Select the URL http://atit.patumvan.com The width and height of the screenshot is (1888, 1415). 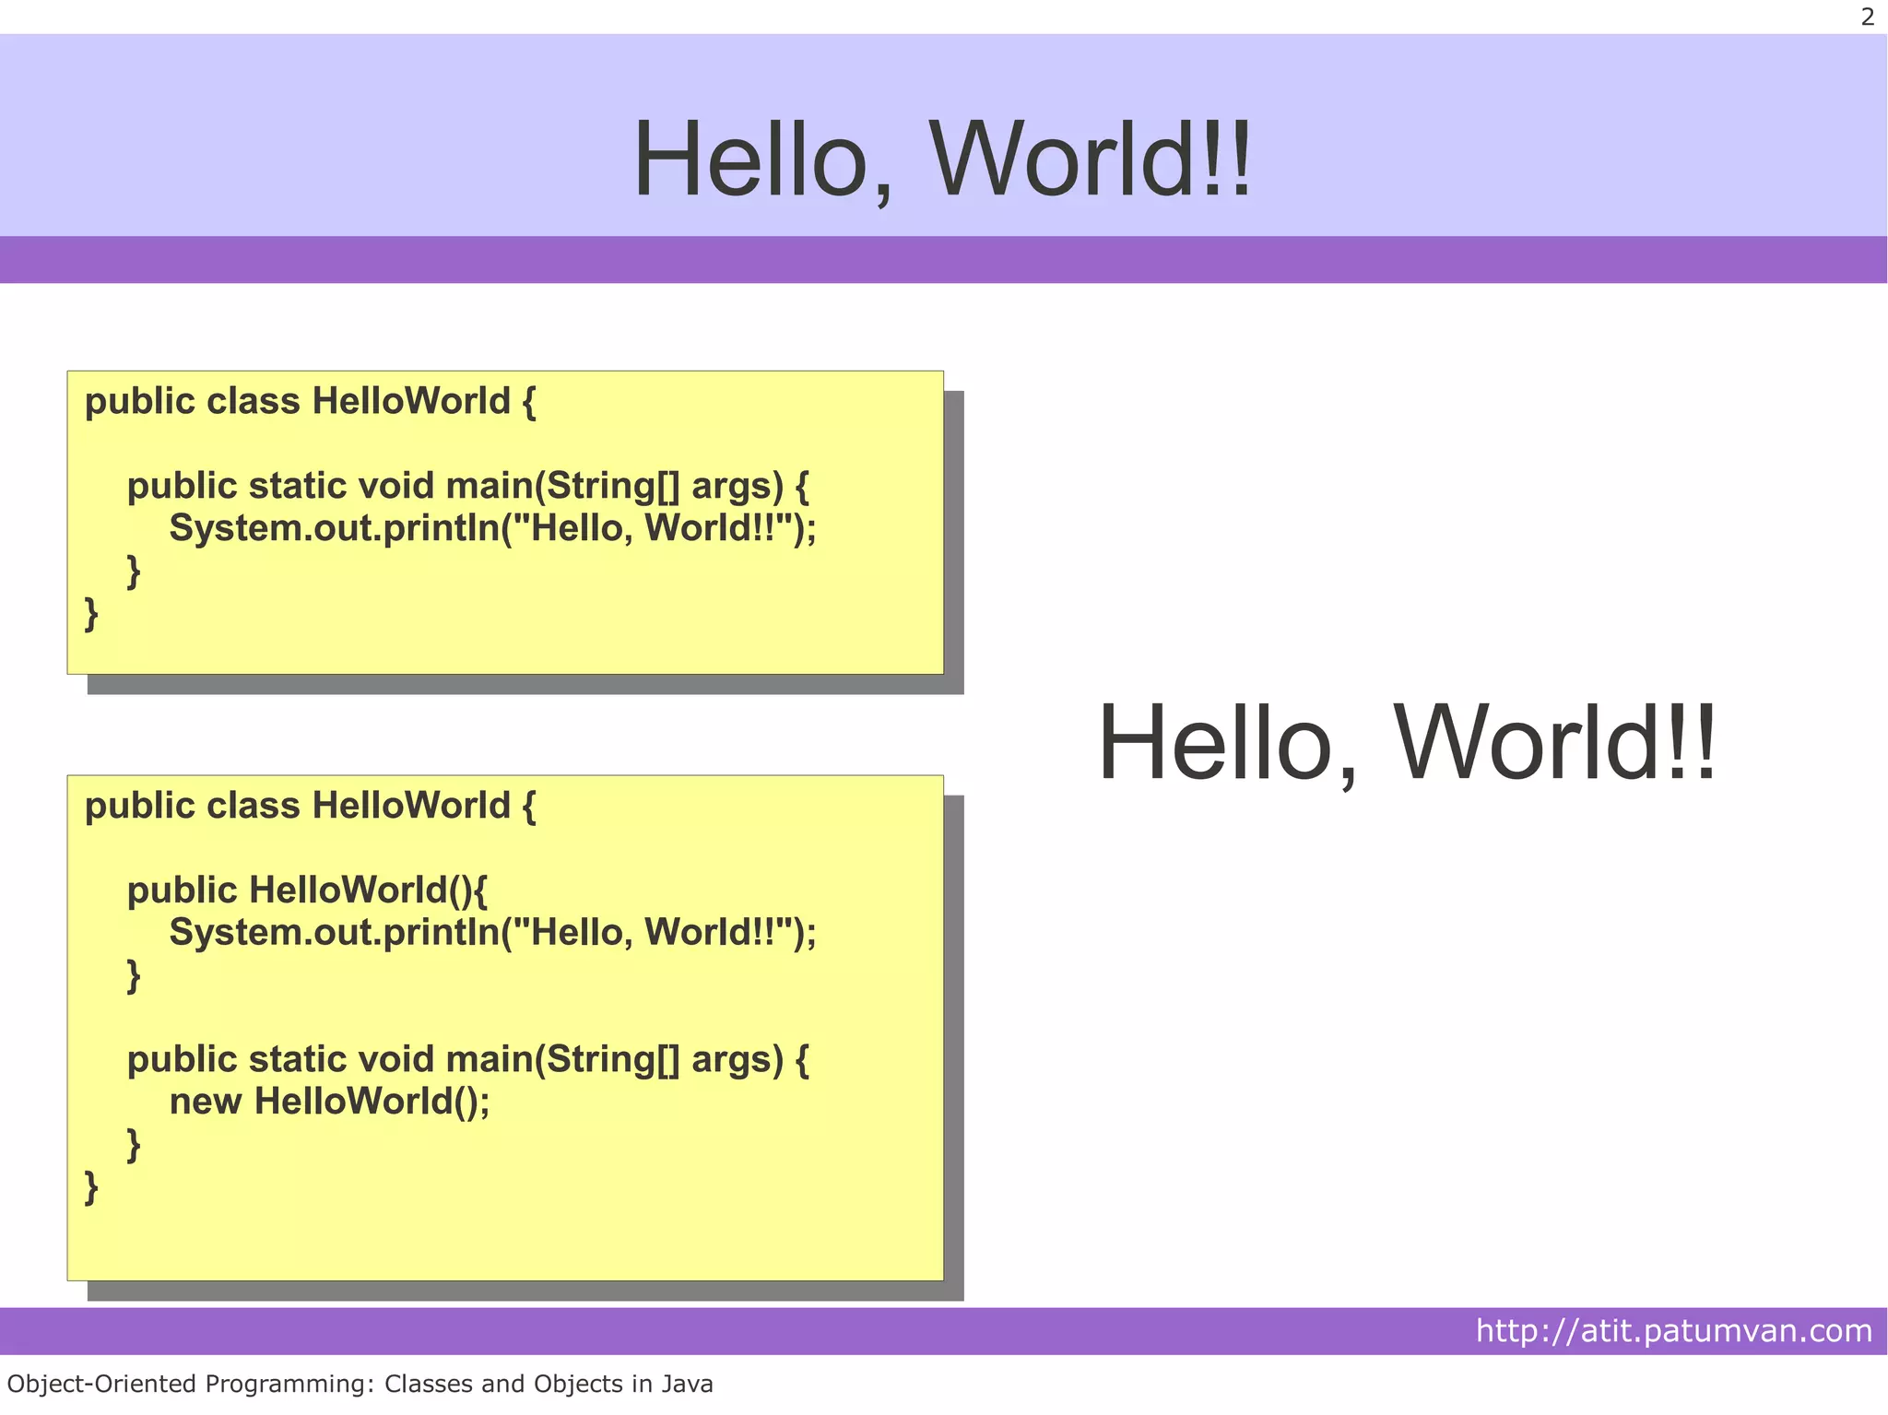[x=1673, y=1330]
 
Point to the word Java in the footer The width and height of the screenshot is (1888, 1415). [x=685, y=1384]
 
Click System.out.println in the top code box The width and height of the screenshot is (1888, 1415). [x=334, y=528]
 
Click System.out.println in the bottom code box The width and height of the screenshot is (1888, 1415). [x=334, y=933]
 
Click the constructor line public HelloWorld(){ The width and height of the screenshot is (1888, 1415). [x=307, y=890]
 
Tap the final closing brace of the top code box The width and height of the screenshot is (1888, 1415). [x=91, y=613]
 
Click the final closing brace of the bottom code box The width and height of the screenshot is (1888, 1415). [x=91, y=1186]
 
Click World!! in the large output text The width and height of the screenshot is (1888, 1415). [x=1555, y=743]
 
